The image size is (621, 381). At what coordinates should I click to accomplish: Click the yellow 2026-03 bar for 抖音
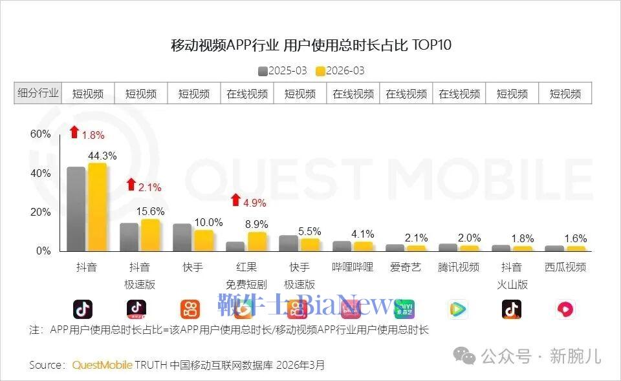(97, 208)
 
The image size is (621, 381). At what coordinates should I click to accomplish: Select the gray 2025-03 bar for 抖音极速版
(129, 238)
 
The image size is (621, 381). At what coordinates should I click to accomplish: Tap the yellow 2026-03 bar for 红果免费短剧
(257, 242)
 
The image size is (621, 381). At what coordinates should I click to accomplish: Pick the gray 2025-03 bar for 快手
(182, 238)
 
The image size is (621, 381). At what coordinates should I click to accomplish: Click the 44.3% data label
(102, 156)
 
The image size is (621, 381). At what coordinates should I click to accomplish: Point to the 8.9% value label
(256, 224)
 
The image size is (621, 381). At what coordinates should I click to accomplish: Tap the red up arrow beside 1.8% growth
(74, 132)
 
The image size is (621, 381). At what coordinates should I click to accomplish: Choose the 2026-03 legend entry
(340, 70)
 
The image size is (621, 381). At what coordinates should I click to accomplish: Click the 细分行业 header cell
(38, 93)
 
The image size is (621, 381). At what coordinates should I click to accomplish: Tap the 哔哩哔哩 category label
(353, 267)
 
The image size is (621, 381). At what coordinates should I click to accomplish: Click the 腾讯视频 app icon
(458, 310)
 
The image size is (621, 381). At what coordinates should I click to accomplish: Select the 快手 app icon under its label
(190, 310)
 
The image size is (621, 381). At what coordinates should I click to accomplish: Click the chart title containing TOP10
(310, 45)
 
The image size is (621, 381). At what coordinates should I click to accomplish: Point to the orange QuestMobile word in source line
(102, 365)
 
